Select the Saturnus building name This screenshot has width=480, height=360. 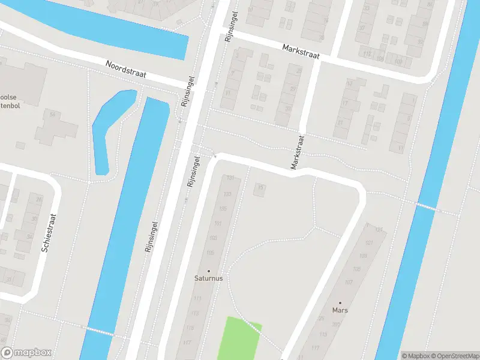209,278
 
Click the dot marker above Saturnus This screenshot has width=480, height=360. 209,271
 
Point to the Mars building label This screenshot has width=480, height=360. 340,310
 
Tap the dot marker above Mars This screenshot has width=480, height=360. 340,303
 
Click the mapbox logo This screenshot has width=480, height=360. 26,353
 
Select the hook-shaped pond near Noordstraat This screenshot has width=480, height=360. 108,126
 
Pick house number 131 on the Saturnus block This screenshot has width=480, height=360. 229,178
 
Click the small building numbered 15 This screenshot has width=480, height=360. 260,188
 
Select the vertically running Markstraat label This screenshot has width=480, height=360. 297,152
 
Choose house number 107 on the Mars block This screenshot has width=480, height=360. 349,283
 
